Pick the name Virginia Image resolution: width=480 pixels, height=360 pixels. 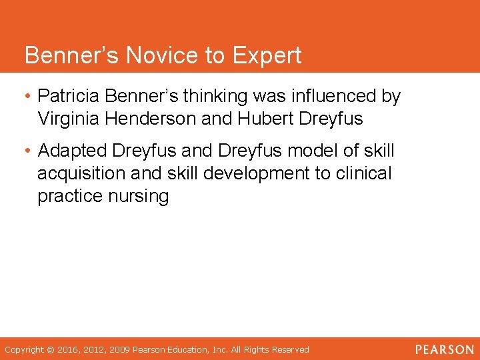[x=65, y=119]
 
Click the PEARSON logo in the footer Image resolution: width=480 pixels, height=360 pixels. [x=444, y=349]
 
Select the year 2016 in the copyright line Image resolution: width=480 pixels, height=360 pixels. [x=69, y=349]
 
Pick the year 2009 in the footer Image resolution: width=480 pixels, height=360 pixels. [x=120, y=349]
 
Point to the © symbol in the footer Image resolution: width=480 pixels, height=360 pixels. [x=50, y=349]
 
